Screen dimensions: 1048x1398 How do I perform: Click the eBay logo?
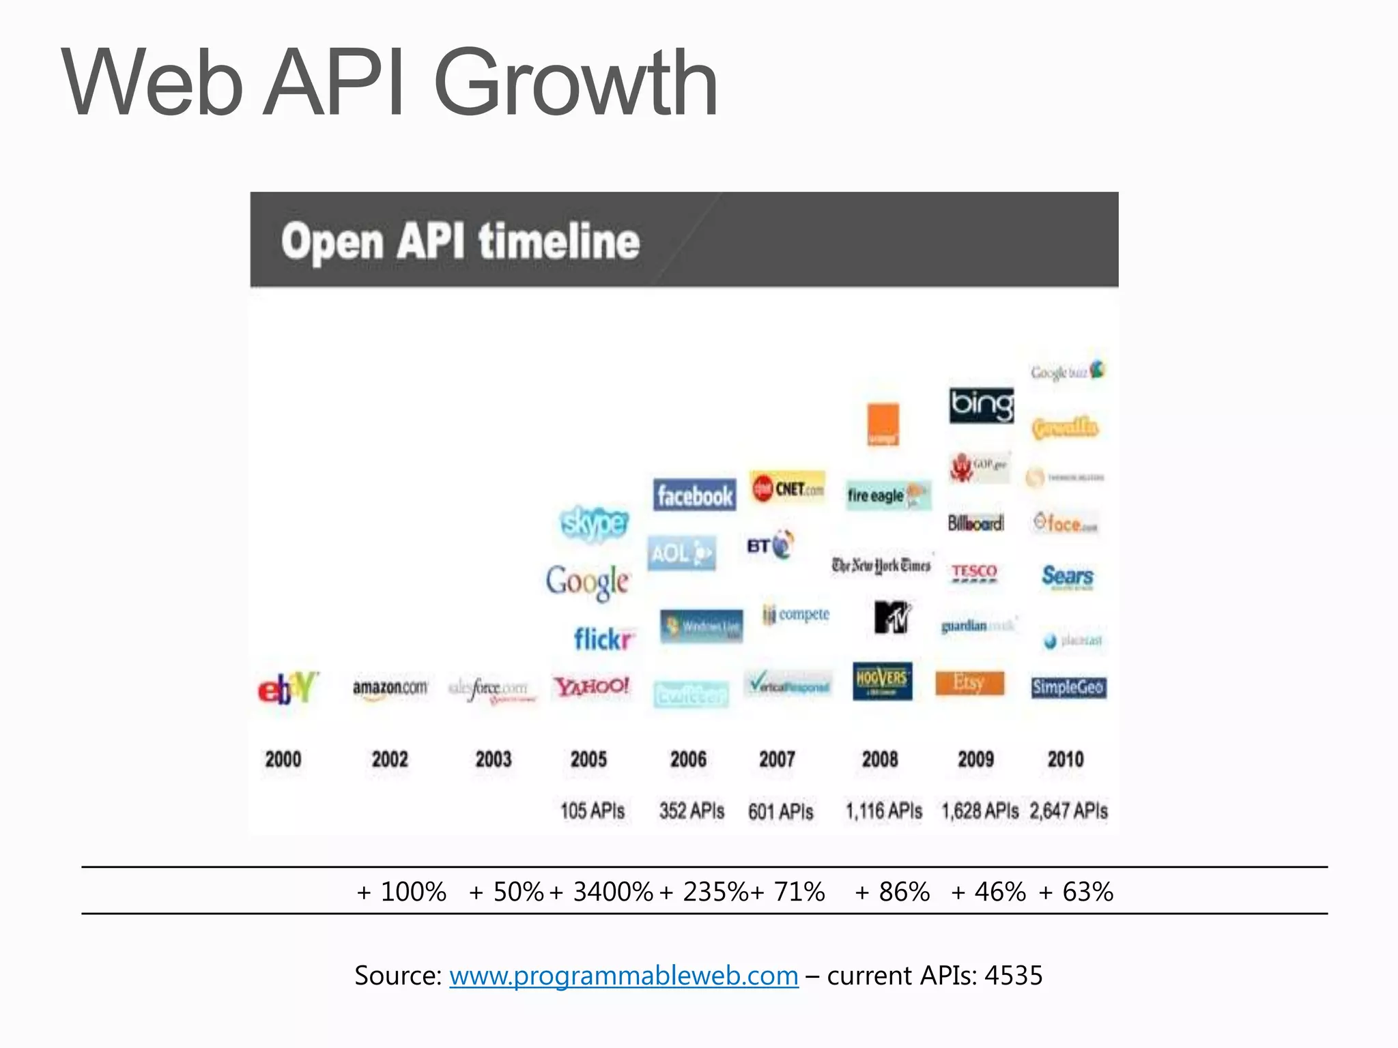(288, 687)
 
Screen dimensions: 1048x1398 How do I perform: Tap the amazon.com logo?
(390, 687)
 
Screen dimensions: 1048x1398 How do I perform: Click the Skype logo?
(595, 523)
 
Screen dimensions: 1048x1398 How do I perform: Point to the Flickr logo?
(603, 639)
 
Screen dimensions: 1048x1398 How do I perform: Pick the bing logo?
(982, 405)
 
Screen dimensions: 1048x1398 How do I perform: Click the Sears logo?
(1067, 577)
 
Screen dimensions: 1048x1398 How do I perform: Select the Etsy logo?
(969, 683)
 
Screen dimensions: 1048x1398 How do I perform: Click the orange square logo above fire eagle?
(883, 424)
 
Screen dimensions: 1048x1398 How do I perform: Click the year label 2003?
(493, 759)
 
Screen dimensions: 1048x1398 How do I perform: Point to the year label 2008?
(879, 759)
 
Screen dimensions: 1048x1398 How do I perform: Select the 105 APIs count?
(593, 811)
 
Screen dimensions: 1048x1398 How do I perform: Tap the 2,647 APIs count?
(1068, 811)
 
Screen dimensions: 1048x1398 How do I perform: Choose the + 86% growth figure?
(892, 892)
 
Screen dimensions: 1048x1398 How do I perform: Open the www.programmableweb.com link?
(623, 976)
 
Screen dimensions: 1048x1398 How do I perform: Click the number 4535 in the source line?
(1013, 976)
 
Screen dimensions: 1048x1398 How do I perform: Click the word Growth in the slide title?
(575, 83)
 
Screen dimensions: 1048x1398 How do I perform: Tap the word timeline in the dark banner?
(559, 242)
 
